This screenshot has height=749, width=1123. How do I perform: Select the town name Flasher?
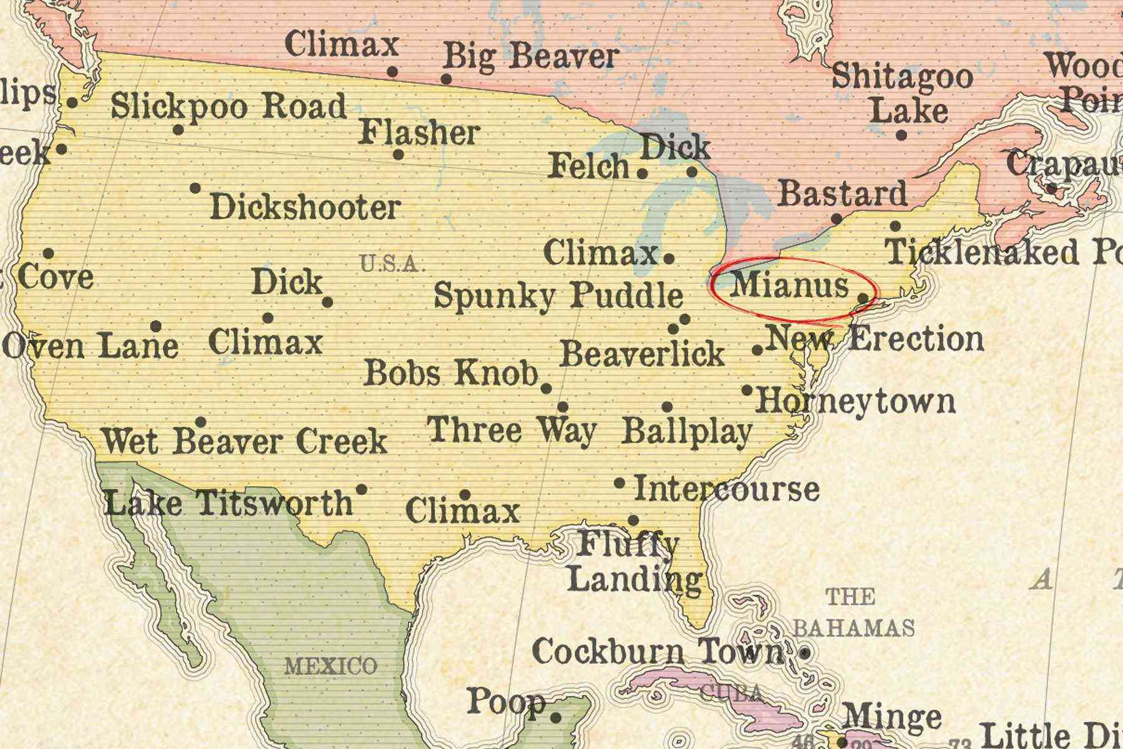(x=419, y=133)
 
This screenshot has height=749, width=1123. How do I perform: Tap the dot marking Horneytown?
(x=747, y=390)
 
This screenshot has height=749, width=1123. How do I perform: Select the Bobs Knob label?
(x=450, y=373)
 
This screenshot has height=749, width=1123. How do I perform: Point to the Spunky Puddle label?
(x=558, y=295)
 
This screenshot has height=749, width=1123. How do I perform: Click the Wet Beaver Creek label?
(x=245, y=442)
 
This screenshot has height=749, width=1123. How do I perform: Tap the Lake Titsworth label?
(x=228, y=503)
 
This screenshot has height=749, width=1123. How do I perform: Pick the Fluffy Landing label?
(x=633, y=562)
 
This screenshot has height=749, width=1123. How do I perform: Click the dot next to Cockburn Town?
(x=805, y=654)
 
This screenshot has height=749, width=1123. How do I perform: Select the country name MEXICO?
(x=331, y=666)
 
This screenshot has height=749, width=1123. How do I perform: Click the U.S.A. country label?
(x=390, y=264)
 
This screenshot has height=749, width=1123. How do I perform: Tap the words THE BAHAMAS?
(x=852, y=613)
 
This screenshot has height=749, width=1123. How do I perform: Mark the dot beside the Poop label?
(x=556, y=718)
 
